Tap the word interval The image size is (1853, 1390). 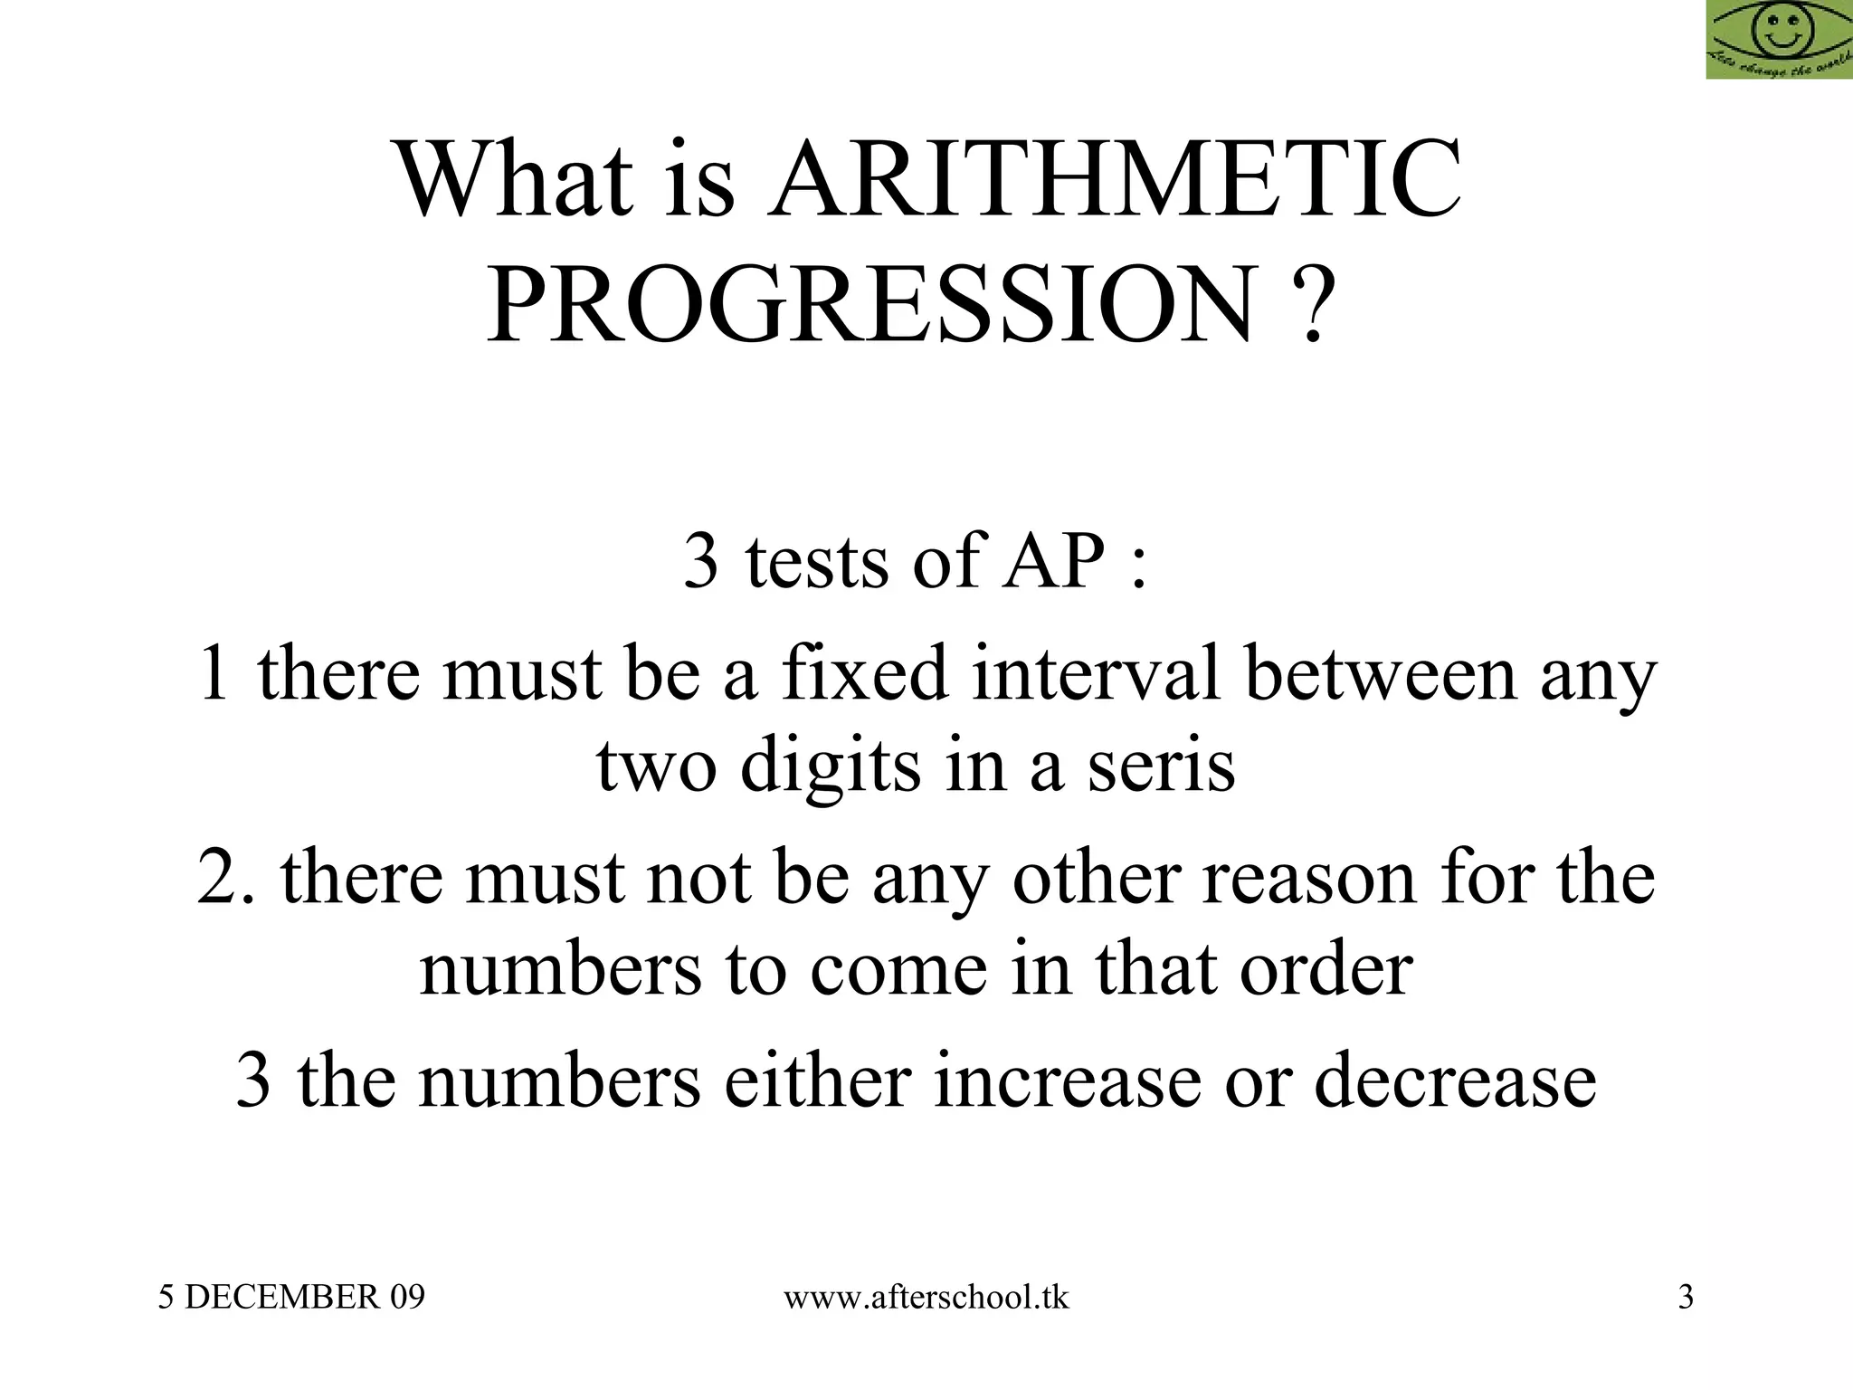[x=1098, y=673]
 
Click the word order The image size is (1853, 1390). [x=1326, y=969]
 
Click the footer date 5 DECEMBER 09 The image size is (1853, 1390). [x=291, y=1298]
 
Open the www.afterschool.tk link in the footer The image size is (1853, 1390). [x=926, y=1298]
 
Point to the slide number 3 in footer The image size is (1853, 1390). [x=1686, y=1298]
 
